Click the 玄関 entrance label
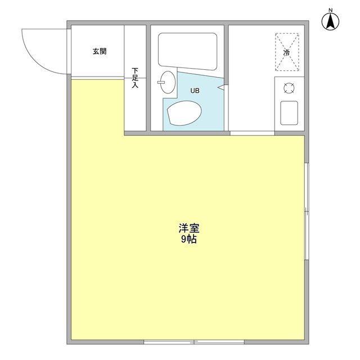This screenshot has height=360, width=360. [100, 52]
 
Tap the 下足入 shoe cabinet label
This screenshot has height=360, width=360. [135, 78]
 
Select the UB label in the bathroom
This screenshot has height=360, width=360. [194, 91]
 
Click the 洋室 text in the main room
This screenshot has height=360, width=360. [189, 228]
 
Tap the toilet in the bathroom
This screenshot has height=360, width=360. [184, 114]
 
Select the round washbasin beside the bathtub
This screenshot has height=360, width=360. [167, 82]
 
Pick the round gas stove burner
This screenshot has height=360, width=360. [289, 88]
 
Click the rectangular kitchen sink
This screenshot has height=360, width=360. [289, 113]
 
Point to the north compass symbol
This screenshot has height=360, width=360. [331, 22]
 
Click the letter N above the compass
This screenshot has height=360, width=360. [331, 10]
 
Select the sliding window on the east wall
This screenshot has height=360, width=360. [307, 211]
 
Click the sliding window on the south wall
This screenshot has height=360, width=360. [194, 341]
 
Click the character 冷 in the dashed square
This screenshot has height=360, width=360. [287, 52]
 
